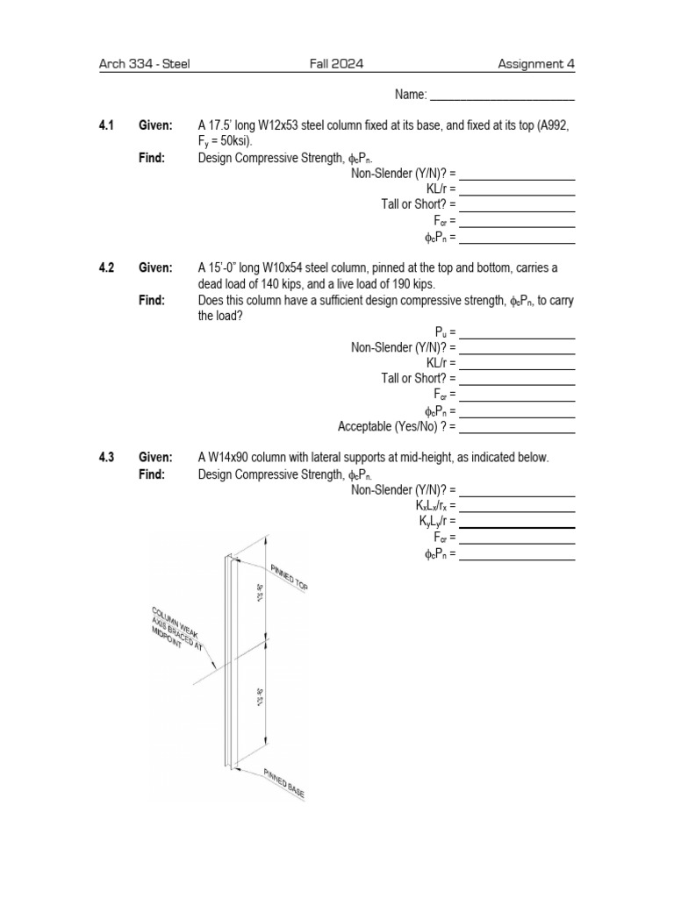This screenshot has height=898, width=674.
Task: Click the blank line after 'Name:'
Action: pyautogui.click(x=502, y=95)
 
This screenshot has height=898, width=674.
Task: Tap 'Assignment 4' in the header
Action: pyautogui.click(x=536, y=64)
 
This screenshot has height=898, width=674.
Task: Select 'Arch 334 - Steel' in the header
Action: pyautogui.click(x=145, y=64)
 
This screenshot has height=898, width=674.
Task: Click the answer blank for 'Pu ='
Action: pyautogui.click(x=517, y=332)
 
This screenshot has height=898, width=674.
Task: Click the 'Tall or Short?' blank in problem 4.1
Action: pyautogui.click(x=517, y=205)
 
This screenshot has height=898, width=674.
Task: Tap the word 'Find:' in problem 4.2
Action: pyautogui.click(x=152, y=301)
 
